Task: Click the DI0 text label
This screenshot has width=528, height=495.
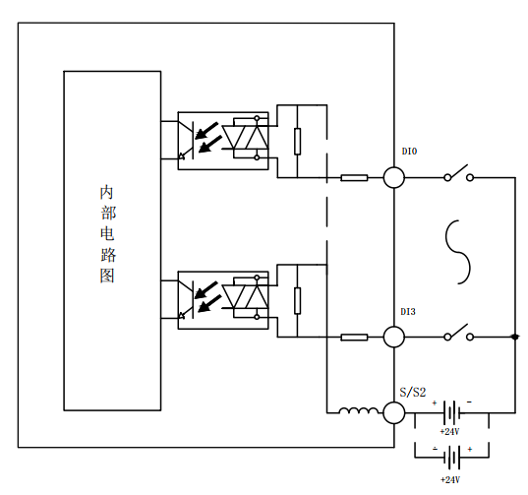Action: click(x=409, y=152)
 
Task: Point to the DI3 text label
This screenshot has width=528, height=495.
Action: click(x=408, y=312)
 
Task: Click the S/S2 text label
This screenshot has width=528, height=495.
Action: click(x=413, y=393)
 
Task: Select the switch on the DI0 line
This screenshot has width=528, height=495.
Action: click(x=458, y=173)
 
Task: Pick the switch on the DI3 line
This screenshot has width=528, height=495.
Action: click(x=458, y=333)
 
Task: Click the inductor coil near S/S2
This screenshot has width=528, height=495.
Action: click(x=359, y=410)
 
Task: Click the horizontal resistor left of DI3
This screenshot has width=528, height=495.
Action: click(x=354, y=338)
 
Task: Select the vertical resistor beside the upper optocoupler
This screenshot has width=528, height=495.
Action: click(x=297, y=141)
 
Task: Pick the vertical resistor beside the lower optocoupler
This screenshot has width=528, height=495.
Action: click(x=297, y=300)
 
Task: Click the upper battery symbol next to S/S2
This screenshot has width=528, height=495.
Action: click(x=452, y=412)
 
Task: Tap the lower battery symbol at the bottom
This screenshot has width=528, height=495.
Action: click(x=452, y=458)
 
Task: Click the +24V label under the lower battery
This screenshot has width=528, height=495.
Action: click(x=450, y=479)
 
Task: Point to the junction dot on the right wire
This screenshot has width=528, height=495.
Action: click(x=515, y=337)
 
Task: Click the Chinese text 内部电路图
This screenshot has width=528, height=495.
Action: click(x=108, y=234)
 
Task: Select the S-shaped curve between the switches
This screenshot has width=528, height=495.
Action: click(x=458, y=252)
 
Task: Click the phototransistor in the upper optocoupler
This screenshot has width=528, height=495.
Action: click(x=187, y=140)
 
